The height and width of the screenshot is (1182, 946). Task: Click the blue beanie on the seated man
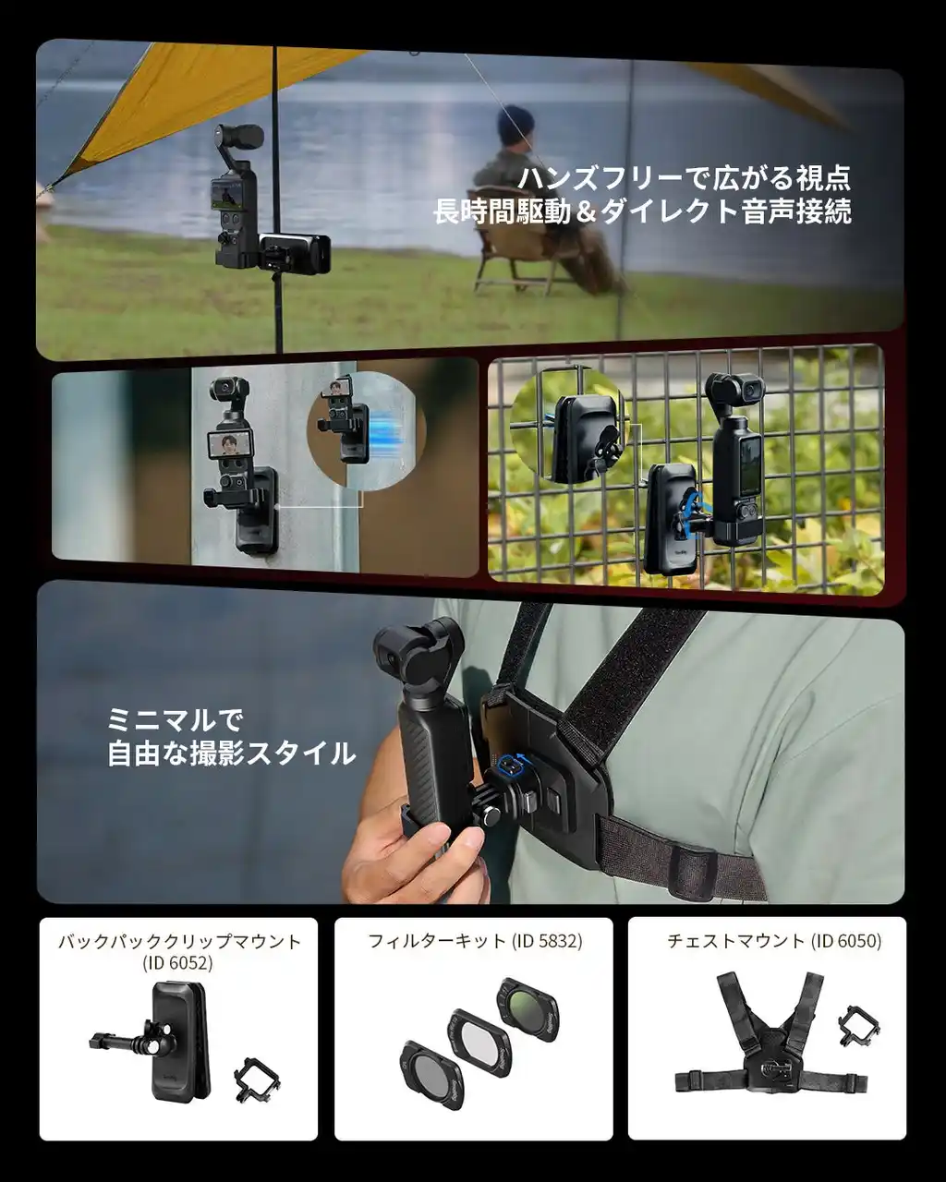click(x=516, y=123)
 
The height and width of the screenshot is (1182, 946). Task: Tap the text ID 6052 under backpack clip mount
click(x=177, y=963)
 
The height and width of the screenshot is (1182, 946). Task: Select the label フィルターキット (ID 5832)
click(x=475, y=941)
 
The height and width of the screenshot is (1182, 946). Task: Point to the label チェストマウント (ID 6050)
click(x=774, y=941)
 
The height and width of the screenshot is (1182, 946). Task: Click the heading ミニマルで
click(x=175, y=719)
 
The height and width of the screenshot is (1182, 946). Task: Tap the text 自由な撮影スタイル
click(x=231, y=753)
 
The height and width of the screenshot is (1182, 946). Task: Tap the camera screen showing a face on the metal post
click(x=230, y=445)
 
